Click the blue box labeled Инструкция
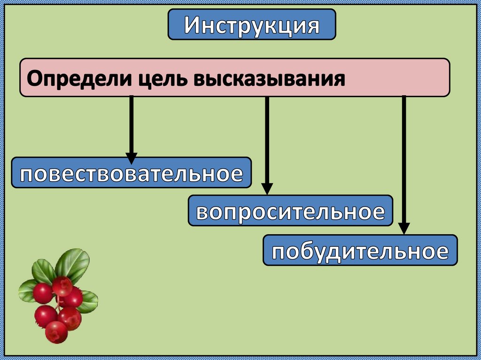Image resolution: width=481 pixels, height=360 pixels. click(252, 24)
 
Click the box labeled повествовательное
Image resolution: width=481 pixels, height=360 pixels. click(131, 173)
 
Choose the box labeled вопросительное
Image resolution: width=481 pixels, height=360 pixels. click(290, 211)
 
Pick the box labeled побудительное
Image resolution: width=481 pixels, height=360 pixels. click(360, 250)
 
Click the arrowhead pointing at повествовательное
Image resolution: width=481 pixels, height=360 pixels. click(132, 158)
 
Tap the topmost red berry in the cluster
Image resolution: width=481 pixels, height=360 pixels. click(62, 286)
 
